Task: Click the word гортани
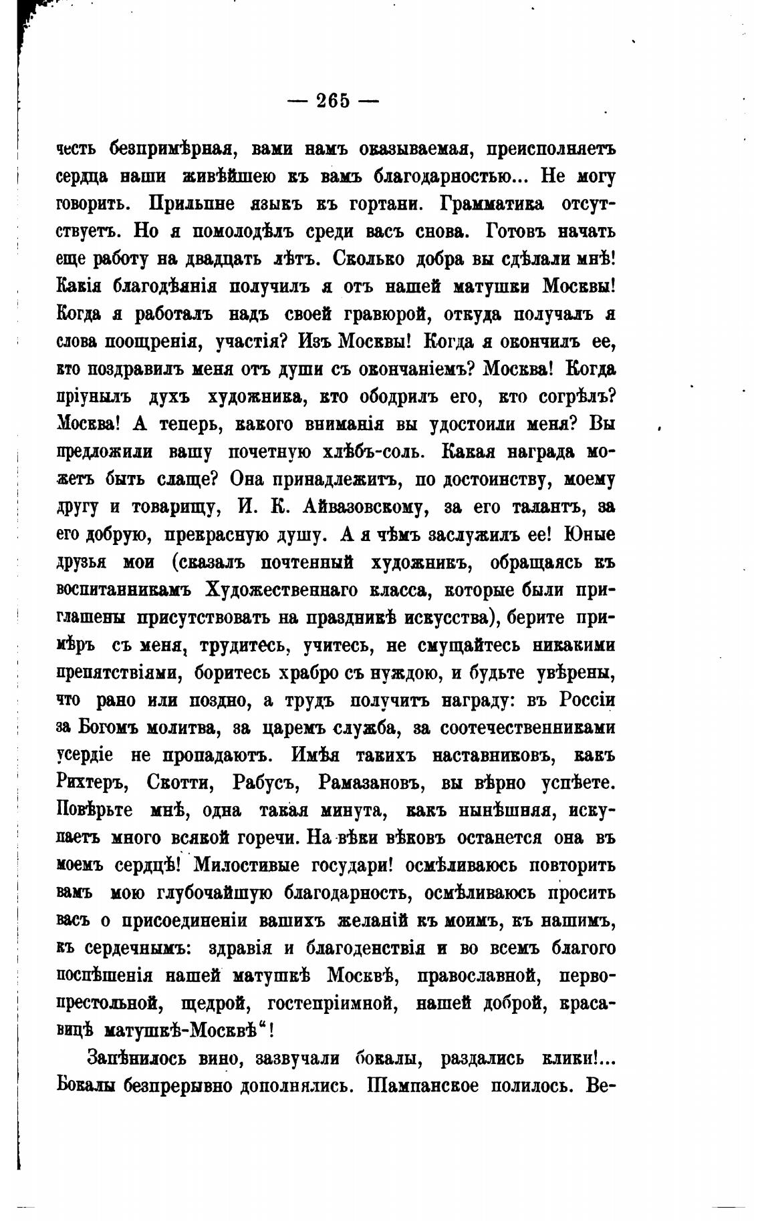point(394,204)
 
